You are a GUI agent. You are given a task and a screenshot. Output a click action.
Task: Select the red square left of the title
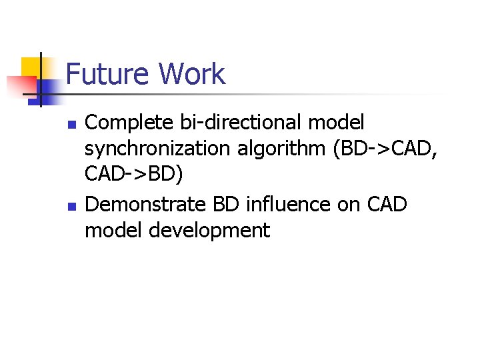click(x=20, y=85)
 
